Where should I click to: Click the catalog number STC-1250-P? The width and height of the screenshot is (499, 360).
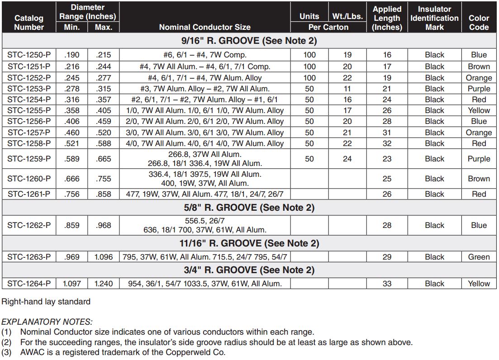pos(29,55)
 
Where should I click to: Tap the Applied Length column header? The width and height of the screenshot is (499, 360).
pos(387,18)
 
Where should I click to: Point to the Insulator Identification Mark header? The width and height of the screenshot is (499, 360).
pos(434,18)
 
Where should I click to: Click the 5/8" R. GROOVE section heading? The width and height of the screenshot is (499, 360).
pos(249,208)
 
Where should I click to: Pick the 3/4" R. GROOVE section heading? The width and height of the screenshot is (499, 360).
pos(249,270)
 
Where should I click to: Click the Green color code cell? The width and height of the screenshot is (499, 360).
pos(479,257)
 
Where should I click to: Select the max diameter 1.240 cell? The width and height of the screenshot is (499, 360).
pos(104,284)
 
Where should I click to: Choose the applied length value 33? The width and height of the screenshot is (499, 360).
pos(387,284)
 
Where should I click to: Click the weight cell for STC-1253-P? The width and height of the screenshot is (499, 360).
pos(347,89)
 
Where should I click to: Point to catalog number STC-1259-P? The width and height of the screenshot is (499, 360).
pos(29,159)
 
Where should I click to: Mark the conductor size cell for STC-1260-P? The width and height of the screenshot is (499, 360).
pos(205,179)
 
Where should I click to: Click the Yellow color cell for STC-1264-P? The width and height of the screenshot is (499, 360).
pos(479,284)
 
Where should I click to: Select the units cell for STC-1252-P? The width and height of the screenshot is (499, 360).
pos(309,78)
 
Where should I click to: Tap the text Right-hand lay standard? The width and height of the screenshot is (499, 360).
pos(46,301)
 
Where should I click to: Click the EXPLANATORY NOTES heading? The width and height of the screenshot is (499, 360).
pos(47,322)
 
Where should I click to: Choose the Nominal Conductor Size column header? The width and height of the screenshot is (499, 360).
pos(205,27)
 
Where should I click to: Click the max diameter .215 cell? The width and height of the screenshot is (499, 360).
pos(104,55)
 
